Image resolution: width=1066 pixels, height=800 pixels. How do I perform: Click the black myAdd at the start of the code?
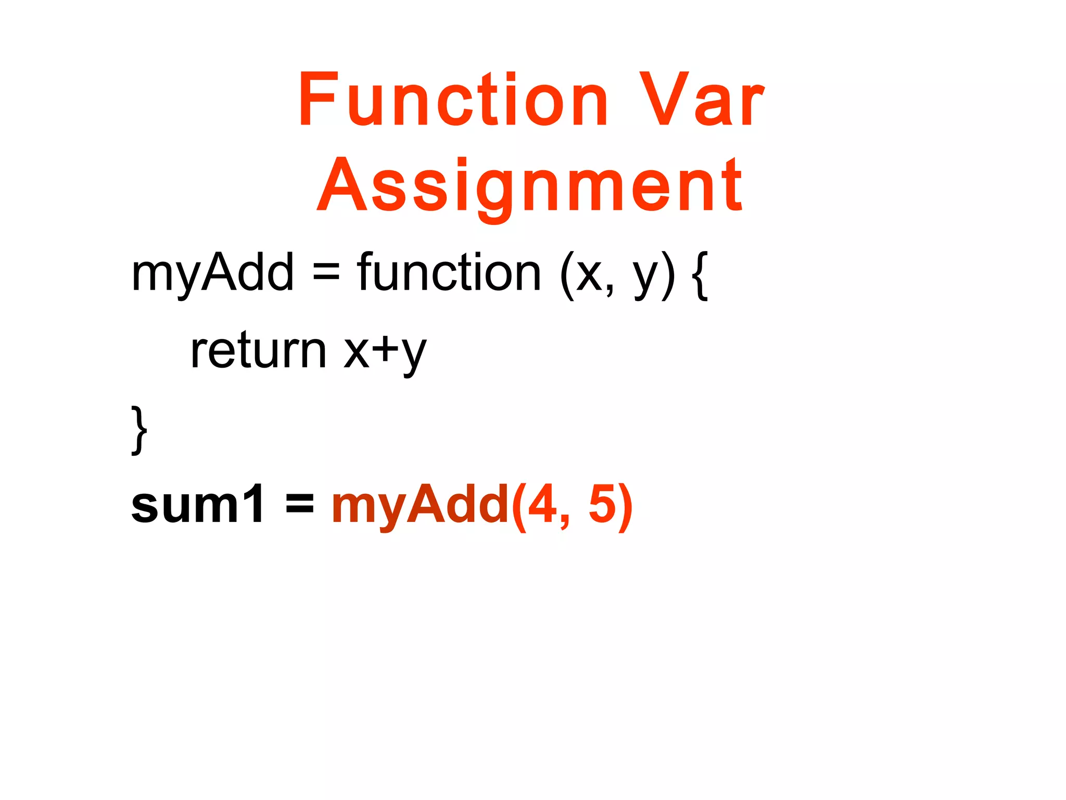[212, 273]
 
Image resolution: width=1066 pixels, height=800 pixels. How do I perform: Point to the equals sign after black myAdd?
[326, 273]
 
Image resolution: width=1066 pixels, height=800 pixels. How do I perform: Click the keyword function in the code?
[449, 273]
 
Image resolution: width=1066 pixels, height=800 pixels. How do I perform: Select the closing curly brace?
[138, 430]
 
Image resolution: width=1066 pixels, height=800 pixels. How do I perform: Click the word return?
[258, 351]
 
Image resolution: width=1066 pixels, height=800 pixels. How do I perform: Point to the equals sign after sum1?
[300, 504]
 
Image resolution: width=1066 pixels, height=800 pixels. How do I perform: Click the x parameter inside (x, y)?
[589, 276]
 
